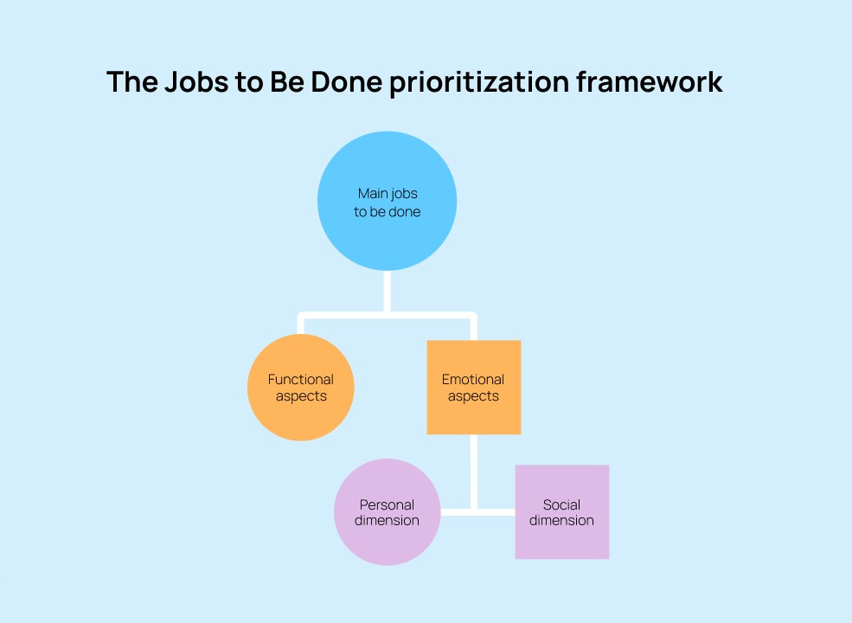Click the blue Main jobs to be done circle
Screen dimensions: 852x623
(x=387, y=201)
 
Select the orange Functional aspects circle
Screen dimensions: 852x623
(x=300, y=387)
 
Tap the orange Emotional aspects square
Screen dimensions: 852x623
(x=474, y=387)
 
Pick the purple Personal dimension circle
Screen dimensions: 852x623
(x=387, y=512)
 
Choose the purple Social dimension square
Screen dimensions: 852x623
(x=562, y=511)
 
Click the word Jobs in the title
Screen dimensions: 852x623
(x=196, y=82)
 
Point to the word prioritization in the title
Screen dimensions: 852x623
(x=479, y=83)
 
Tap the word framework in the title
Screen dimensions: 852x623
(x=650, y=82)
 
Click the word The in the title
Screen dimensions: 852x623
(x=132, y=82)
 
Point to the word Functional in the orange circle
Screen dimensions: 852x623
(x=300, y=379)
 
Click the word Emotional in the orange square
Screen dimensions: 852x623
(x=473, y=379)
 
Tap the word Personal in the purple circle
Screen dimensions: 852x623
(x=387, y=504)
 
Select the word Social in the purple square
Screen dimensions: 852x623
(x=561, y=504)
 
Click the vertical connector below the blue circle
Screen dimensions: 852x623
(x=387, y=292)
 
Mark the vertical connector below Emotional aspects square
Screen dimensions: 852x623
(x=474, y=472)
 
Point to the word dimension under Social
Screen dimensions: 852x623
(x=561, y=520)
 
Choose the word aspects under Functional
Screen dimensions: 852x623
(x=301, y=396)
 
